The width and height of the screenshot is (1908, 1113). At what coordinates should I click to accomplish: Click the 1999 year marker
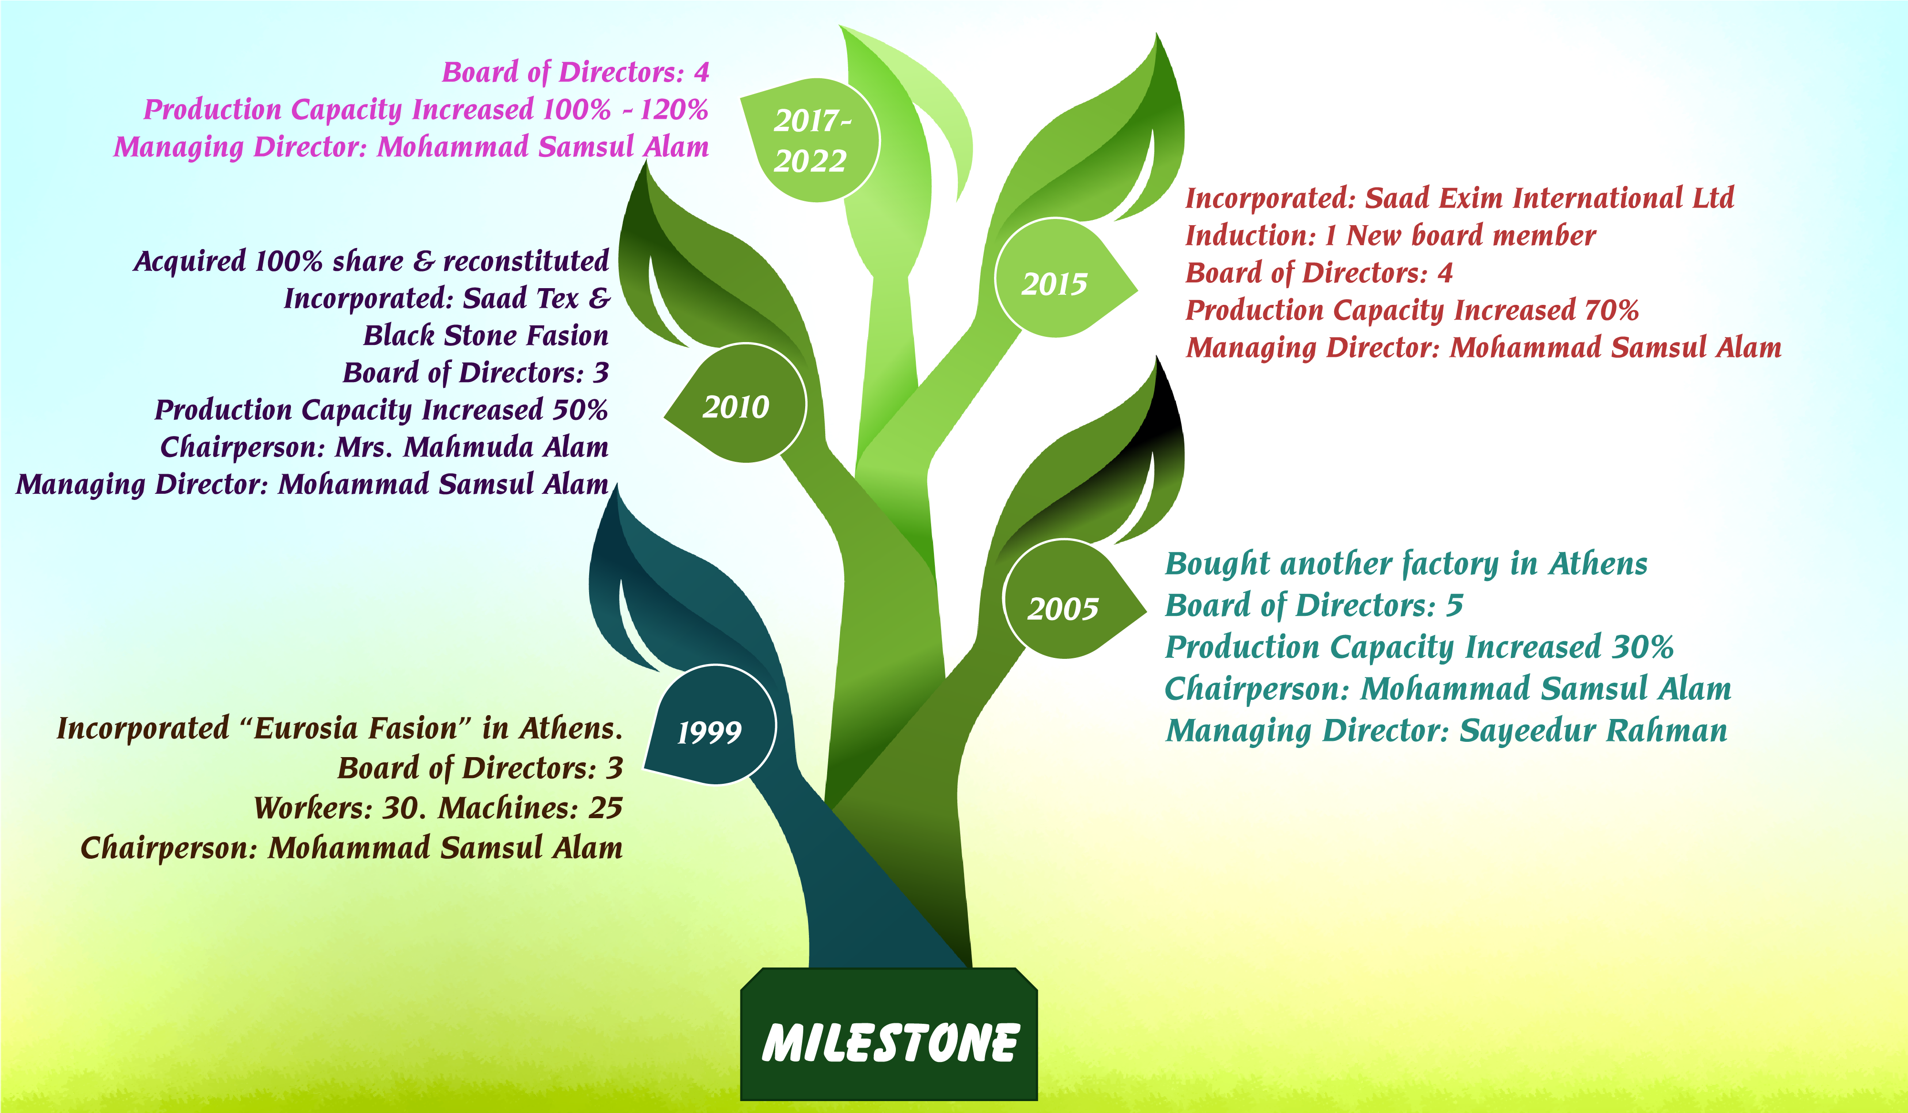(x=709, y=731)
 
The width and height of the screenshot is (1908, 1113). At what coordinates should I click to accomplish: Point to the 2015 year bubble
(x=1054, y=284)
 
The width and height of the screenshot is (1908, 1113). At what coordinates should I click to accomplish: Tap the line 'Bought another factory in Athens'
(x=1406, y=564)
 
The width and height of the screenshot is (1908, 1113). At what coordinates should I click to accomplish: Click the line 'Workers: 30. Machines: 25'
(x=438, y=808)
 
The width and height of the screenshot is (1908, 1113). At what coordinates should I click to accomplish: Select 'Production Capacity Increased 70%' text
(x=1412, y=310)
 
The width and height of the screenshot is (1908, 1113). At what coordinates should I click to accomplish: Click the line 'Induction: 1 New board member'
(x=1390, y=236)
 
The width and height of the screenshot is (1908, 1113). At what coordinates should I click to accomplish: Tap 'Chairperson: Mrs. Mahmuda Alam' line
(x=384, y=447)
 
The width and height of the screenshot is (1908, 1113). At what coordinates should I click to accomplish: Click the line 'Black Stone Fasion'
(x=486, y=334)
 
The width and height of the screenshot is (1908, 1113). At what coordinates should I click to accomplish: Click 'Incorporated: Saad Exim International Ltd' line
(x=1459, y=198)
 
